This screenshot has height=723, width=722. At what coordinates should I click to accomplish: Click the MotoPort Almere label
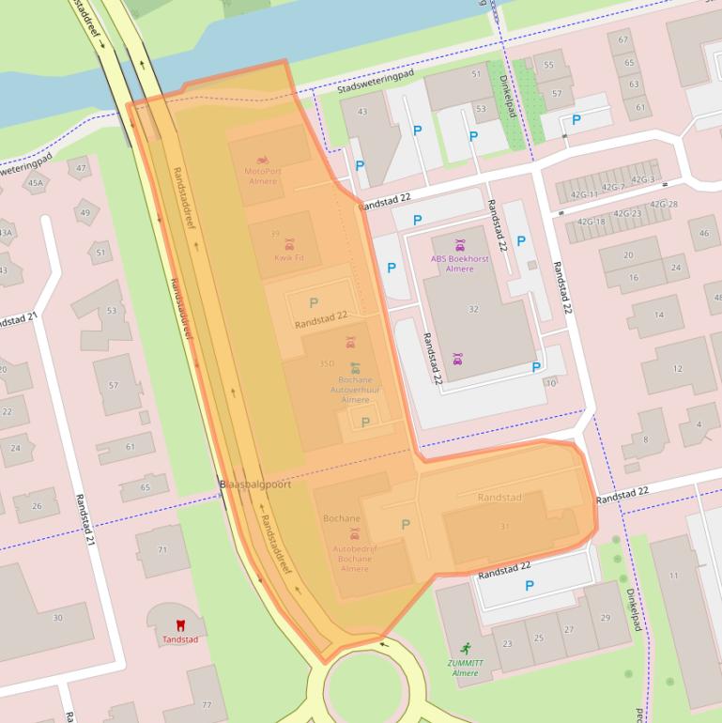click(x=262, y=176)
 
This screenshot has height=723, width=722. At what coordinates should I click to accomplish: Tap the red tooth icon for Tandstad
click(x=180, y=623)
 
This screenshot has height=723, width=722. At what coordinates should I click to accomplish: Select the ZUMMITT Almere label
click(x=465, y=668)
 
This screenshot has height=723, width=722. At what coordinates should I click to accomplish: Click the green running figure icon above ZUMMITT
click(x=465, y=648)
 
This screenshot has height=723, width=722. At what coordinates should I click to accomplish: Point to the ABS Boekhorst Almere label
click(x=459, y=263)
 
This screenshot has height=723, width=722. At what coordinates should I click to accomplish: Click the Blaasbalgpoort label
click(x=254, y=485)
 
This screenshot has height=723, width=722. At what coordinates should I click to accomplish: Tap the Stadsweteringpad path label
click(x=375, y=82)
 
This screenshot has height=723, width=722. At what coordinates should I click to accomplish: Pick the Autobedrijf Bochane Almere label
click(x=355, y=559)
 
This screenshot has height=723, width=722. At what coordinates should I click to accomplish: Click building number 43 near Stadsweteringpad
click(x=362, y=113)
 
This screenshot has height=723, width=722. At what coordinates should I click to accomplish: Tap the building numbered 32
click(x=473, y=309)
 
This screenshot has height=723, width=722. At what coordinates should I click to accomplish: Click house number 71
click(x=161, y=549)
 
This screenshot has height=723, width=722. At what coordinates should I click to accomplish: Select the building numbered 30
click(x=57, y=617)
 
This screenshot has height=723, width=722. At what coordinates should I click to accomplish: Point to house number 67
click(x=622, y=40)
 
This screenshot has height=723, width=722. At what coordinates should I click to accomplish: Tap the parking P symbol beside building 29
click(x=529, y=586)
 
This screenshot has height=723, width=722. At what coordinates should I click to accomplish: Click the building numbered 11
click(x=673, y=575)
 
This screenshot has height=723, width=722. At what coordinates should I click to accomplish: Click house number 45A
click(x=35, y=183)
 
